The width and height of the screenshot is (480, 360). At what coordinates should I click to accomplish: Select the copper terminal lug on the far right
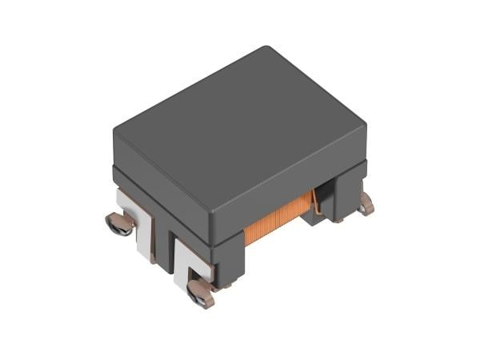pos(366,206)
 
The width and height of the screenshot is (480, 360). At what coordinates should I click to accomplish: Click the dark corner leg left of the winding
pos(228,256)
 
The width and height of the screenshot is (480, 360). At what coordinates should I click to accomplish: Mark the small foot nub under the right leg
pos(339,219)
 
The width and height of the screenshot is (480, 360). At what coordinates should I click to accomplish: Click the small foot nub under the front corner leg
pos(227,284)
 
